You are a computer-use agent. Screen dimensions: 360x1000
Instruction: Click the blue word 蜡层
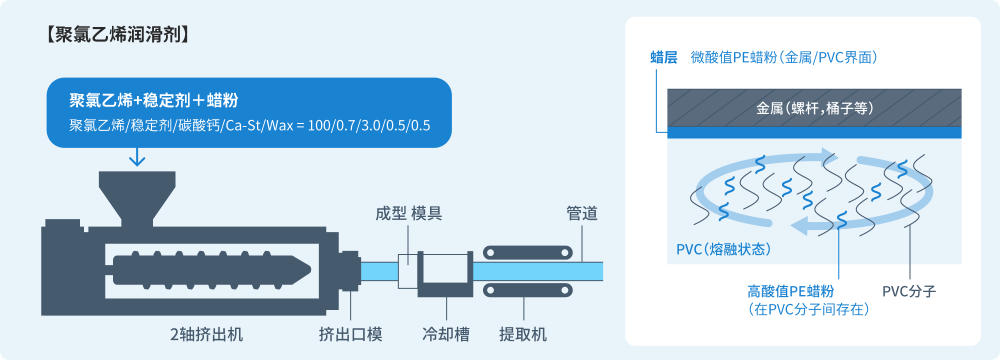point(664,58)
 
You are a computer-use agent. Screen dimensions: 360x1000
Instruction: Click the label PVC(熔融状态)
point(722,247)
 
